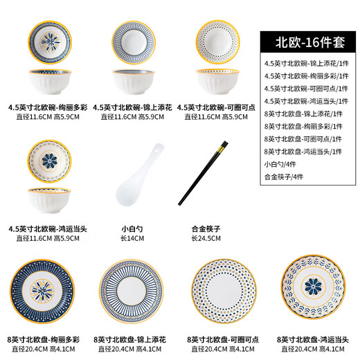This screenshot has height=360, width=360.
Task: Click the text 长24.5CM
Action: click(x=206, y=238)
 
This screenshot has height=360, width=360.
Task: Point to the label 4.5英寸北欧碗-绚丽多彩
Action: click(x=48, y=107)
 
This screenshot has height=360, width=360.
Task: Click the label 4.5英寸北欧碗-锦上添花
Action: click(x=132, y=107)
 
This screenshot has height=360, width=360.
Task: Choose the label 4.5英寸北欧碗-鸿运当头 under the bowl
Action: click(x=48, y=228)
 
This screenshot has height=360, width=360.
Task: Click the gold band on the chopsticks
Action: click(x=222, y=147)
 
